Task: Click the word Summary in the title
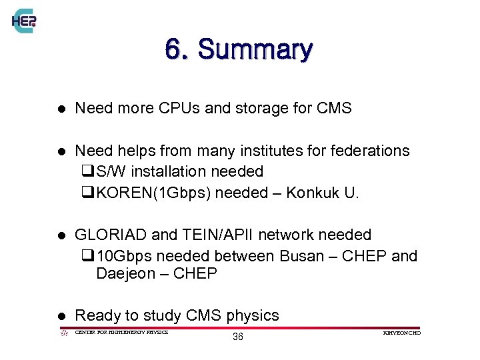click(255, 49)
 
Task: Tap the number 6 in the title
click(173, 49)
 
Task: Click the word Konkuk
click(319, 193)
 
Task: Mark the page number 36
click(238, 337)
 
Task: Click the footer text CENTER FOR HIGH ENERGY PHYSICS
click(121, 332)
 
